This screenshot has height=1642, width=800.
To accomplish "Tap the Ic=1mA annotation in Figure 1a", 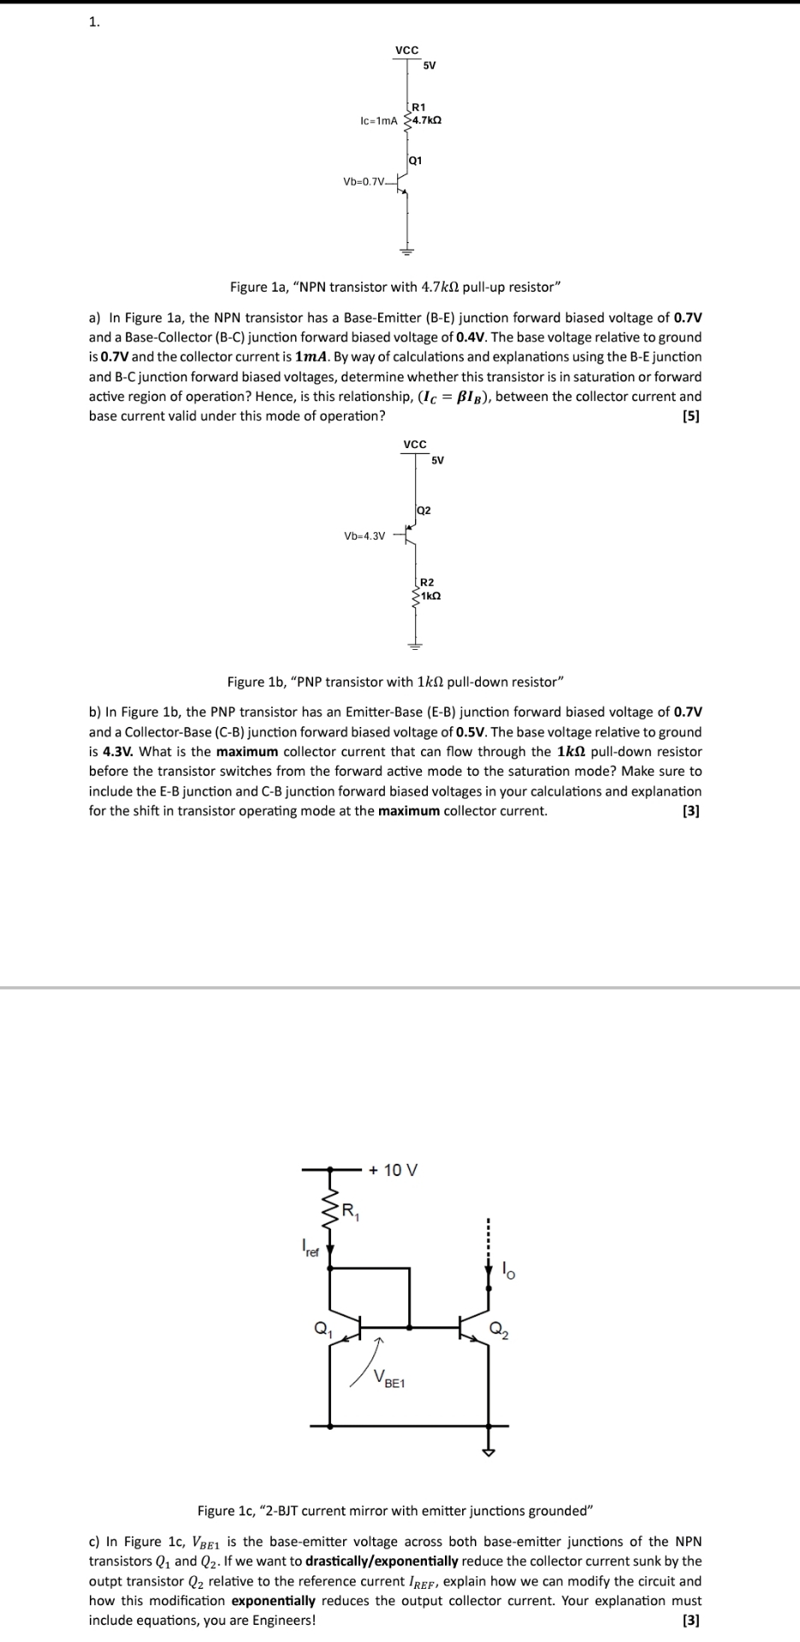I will coord(380,121).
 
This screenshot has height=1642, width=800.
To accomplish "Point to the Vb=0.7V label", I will coord(364,181).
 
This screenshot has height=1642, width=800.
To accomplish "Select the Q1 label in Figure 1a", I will coord(416,160).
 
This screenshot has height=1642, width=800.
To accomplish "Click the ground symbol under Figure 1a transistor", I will coord(407,251).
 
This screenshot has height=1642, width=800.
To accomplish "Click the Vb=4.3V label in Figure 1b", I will coord(364,536).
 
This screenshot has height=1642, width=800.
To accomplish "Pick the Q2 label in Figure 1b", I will coord(424,510).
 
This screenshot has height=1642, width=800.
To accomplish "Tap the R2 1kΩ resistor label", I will coord(428,588).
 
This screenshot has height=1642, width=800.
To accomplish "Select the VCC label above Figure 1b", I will coord(415,444).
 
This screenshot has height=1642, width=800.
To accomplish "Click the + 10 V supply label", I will coord(394,1170).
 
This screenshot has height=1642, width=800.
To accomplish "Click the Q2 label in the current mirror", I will coord(500,1330).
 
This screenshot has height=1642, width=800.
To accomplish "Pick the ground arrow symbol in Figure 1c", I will coord(489,1451).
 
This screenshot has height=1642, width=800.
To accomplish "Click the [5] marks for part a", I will coord(690,416).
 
